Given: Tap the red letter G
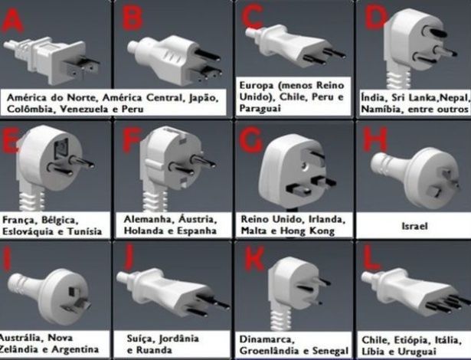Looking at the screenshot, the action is click(253, 140).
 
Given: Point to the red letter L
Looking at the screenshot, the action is click(371, 257).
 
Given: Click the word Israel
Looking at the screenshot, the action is click(414, 226).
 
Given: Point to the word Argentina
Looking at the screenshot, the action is click(75, 349).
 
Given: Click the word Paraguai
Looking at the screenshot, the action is click(260, 108).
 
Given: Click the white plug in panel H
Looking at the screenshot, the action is click(415, 177).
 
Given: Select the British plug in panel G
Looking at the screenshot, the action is click(297, 172).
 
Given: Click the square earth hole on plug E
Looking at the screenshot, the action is click(61, 149).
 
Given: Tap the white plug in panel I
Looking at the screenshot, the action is click(50, 296).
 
